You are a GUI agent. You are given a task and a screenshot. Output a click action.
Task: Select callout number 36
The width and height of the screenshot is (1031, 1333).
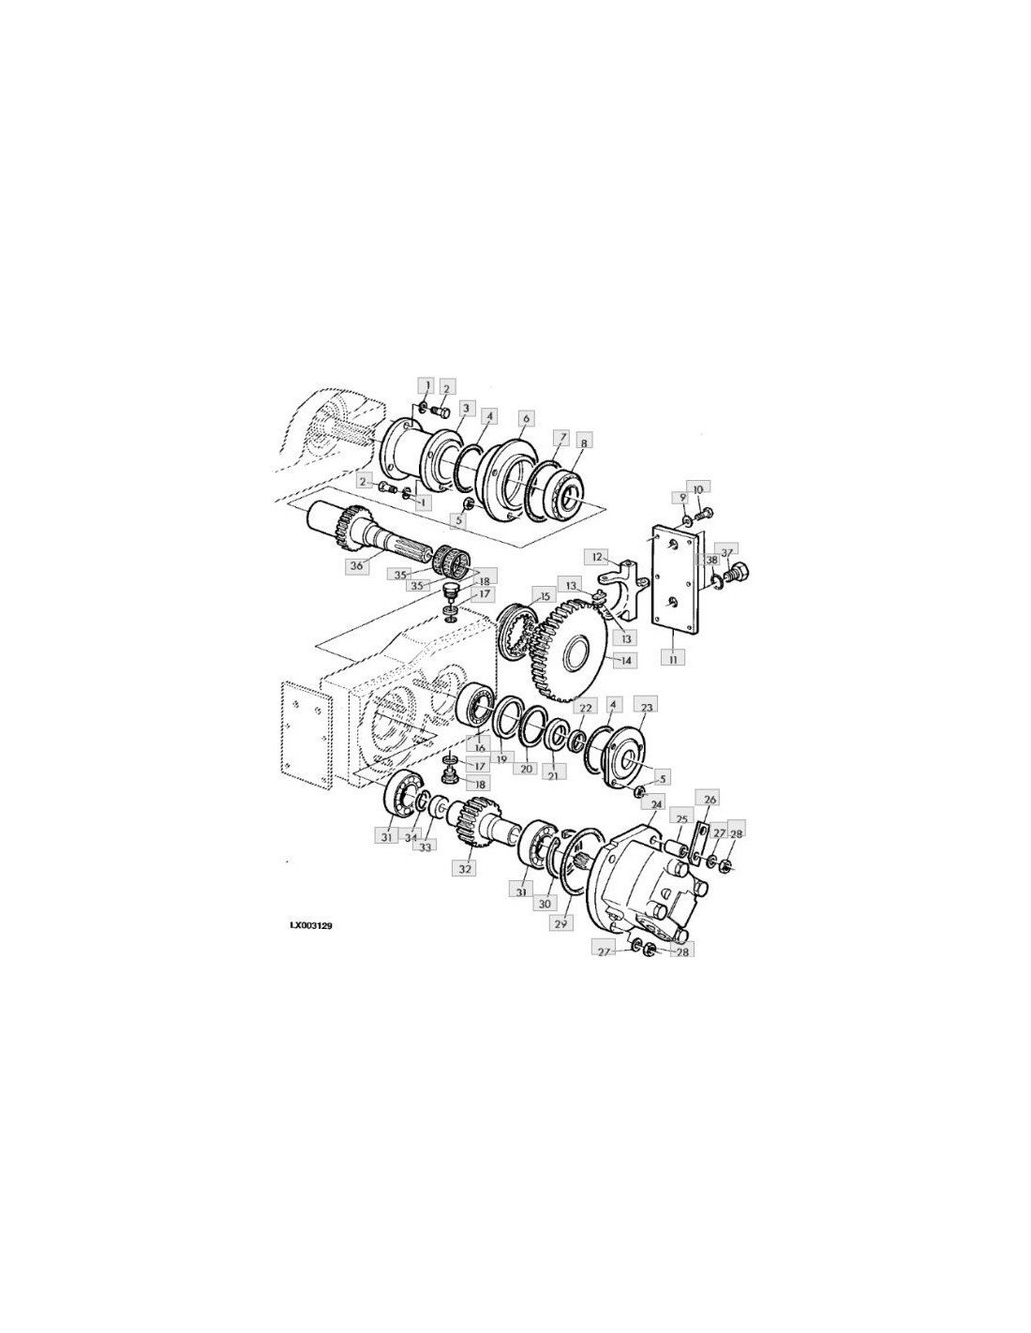coord(356,566)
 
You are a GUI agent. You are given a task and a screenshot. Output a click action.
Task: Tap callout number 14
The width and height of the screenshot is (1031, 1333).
coord(626,660)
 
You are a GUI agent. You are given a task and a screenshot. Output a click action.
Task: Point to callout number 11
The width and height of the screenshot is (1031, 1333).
coord(673,659)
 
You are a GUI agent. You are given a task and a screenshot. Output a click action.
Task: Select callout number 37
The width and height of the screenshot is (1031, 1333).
coord(726,553)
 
